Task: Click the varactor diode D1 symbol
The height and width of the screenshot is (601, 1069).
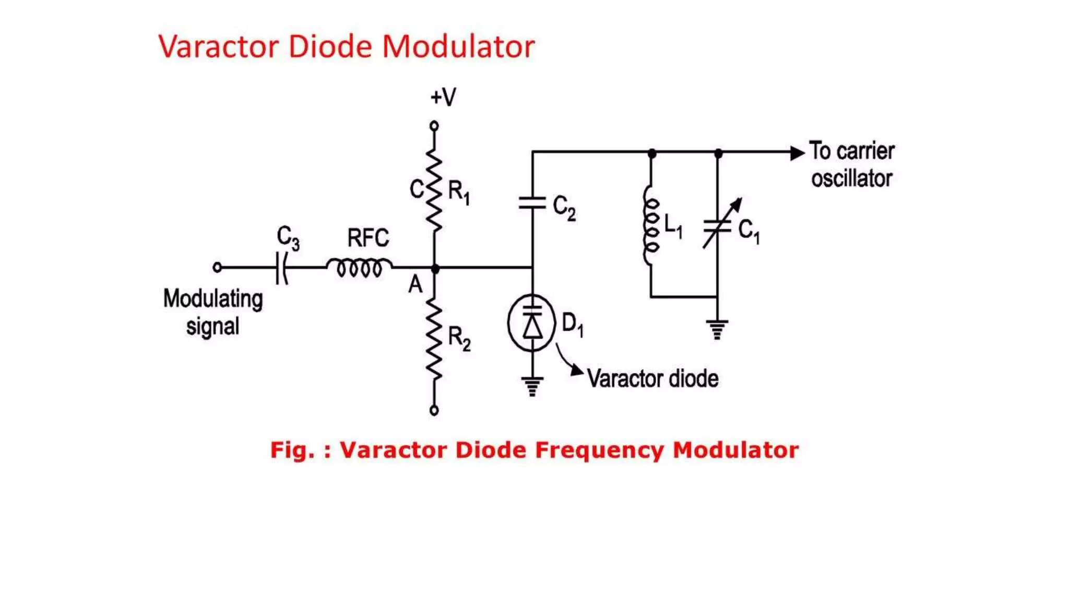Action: (532, 323)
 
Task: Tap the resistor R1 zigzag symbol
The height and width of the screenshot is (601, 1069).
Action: (434, 190)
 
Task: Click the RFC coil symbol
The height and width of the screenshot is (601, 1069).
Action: (359, 267)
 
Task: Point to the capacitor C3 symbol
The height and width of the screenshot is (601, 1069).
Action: (282, 268)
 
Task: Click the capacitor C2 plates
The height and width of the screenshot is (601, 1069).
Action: (532, 203)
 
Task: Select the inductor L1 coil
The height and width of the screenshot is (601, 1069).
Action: (651, 225)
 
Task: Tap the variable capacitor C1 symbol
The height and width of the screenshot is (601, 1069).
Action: (721, 224)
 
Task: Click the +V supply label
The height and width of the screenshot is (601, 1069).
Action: (443, 97)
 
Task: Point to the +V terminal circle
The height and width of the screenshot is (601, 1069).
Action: (434, 126)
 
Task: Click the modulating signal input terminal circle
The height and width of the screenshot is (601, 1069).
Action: (217, 268)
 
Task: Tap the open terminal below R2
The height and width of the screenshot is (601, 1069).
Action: (434, 411)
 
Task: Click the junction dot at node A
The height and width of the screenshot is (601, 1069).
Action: (435, 269)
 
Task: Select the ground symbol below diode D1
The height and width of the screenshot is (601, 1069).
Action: (532, 387)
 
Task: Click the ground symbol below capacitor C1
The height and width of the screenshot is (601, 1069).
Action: (717, 330)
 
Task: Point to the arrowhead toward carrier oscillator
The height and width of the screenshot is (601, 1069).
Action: (798, 153)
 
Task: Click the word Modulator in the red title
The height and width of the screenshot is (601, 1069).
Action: (458, 46)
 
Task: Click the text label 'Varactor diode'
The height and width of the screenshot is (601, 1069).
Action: (652, 379)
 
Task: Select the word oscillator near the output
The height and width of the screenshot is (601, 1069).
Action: (851, 178)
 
